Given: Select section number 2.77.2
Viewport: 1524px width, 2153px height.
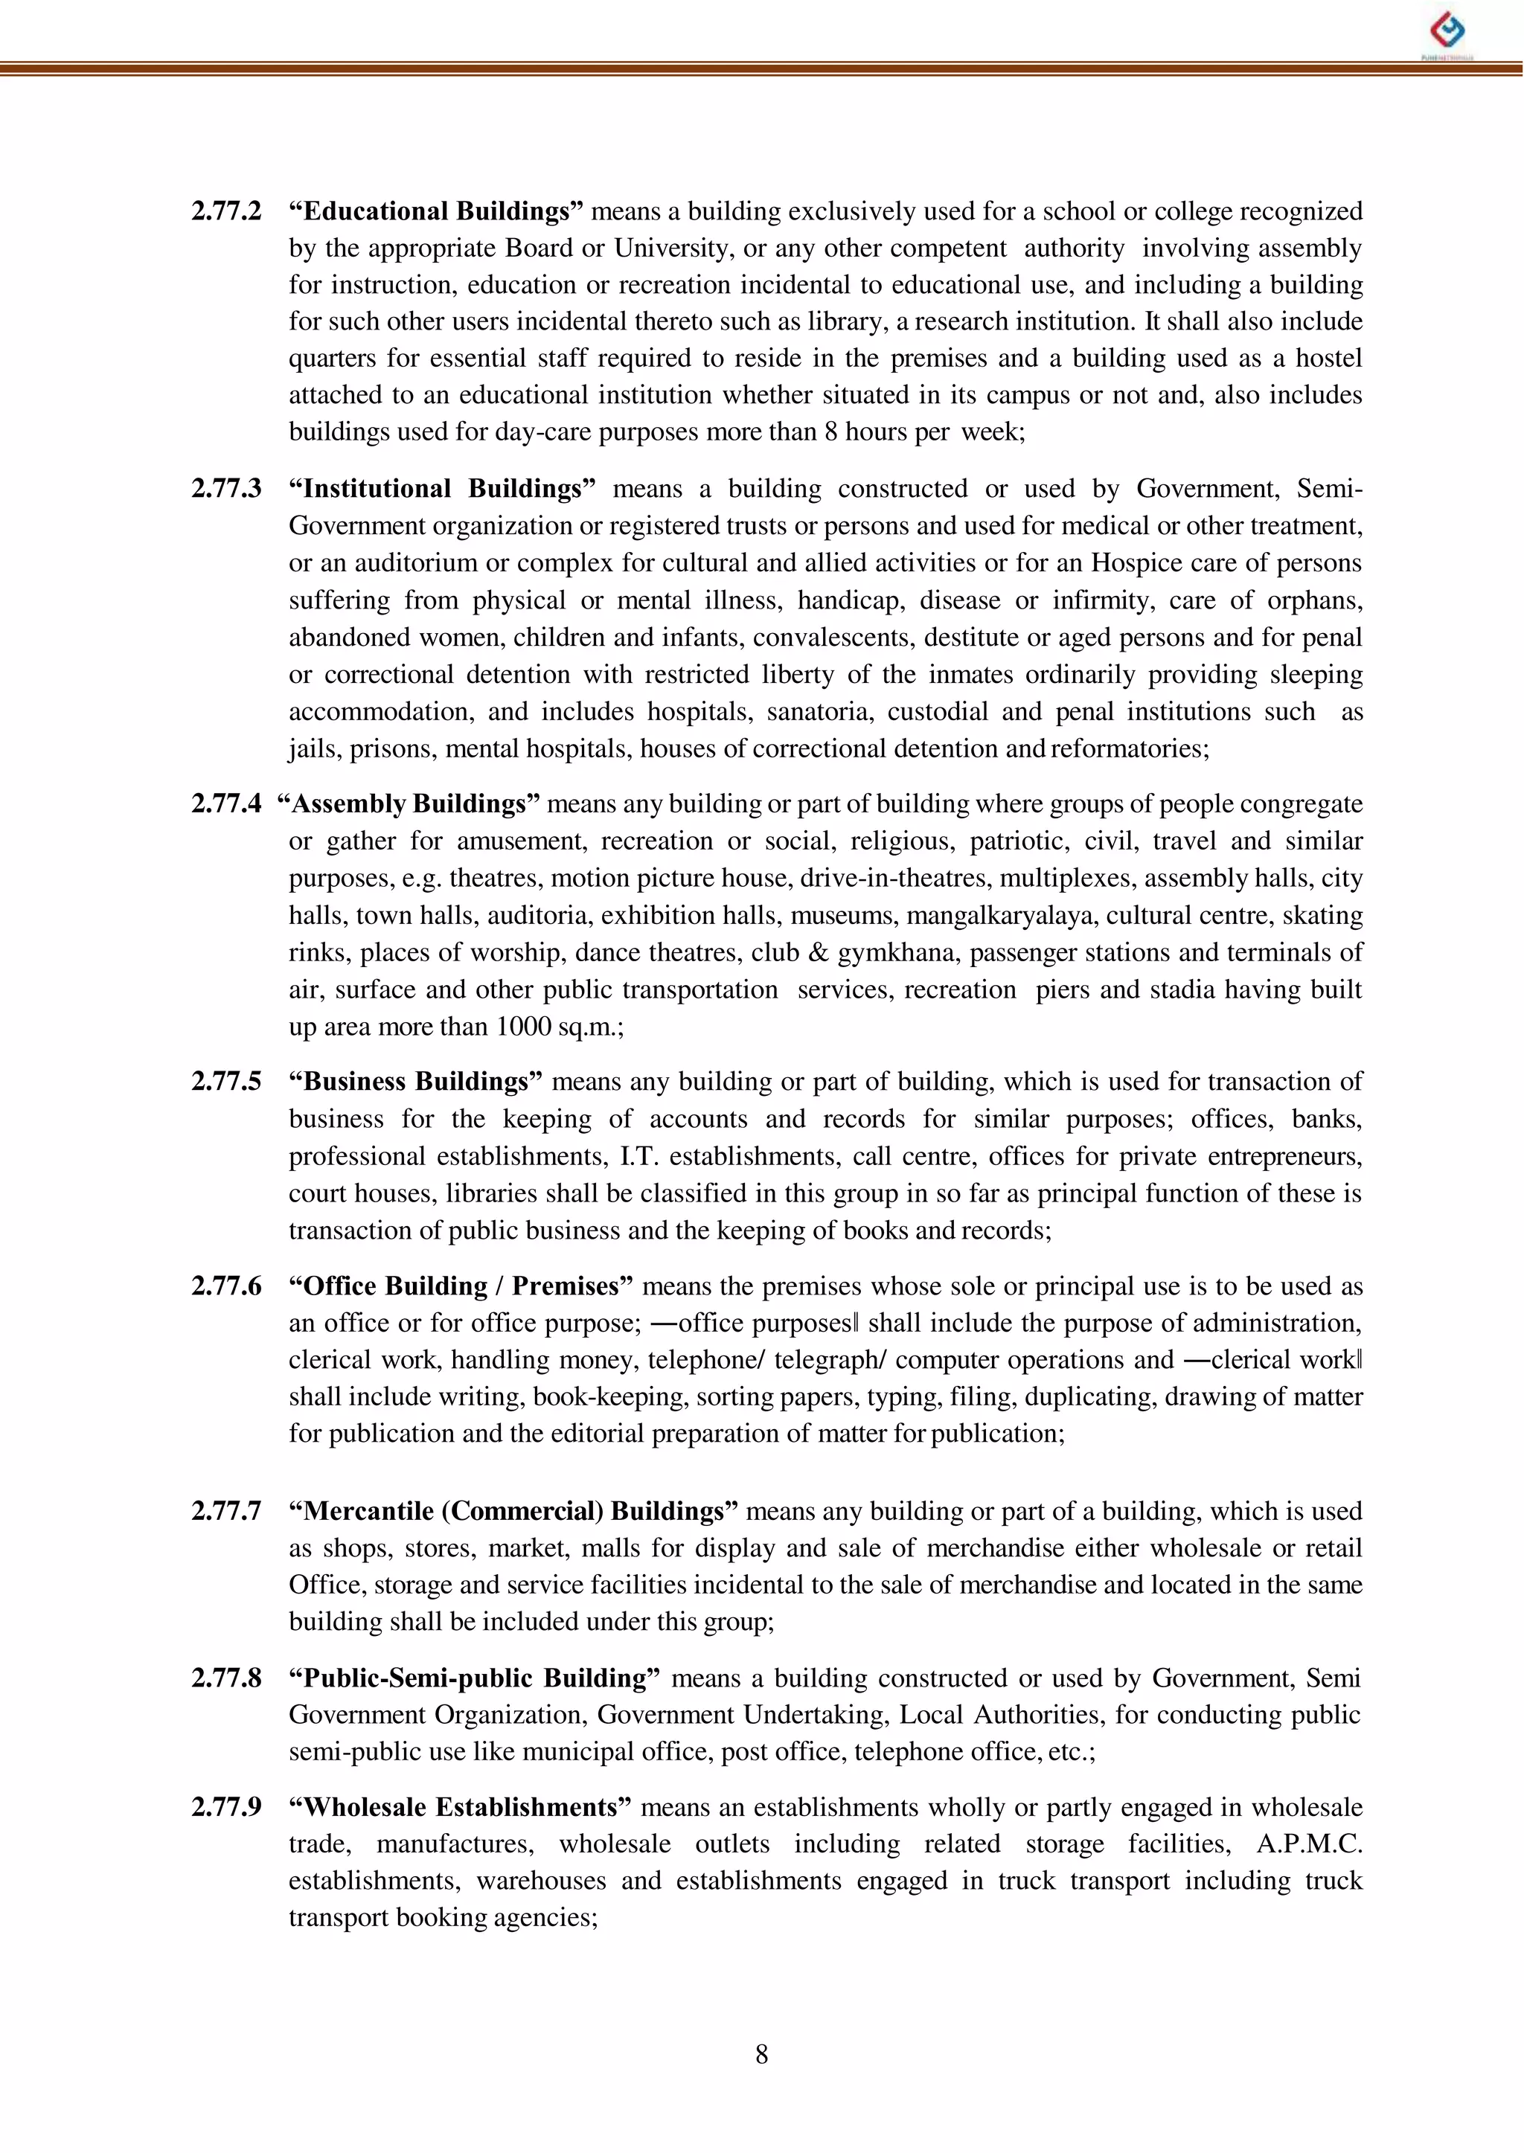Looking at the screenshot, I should coord(226,211).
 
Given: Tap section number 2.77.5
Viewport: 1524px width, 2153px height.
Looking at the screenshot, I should coord(226,1082).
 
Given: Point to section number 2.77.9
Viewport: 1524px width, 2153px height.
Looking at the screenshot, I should coord(226,1807).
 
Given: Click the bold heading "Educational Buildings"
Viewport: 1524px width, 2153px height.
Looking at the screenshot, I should coord(436,211).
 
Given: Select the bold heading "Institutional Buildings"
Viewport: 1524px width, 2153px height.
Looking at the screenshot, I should coord(442,489).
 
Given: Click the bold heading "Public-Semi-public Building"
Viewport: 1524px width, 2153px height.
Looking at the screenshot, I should coord(475,1678).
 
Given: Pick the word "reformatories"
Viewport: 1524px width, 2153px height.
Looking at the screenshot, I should coord(1129,748).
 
